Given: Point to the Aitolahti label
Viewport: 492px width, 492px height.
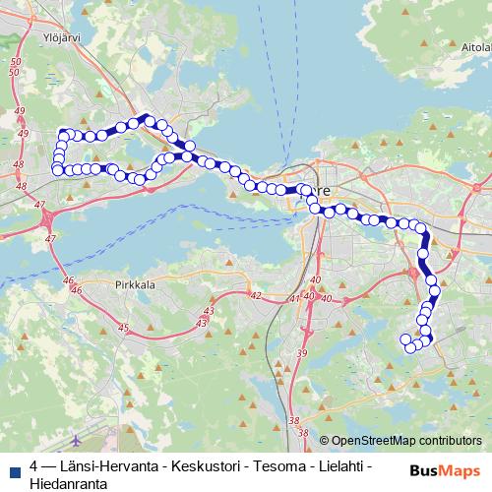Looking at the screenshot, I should [x=469, y=46].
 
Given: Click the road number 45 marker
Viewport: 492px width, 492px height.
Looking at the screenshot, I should [x=122, y=327].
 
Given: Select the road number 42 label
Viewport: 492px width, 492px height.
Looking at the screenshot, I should [x=255, y=295].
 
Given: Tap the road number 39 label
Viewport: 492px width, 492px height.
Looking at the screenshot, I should [x=302, y=352].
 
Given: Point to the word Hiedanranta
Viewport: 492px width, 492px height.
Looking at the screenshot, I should [x=68, y=483].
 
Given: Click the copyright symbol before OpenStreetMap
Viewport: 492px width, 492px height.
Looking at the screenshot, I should [x=324, y=441].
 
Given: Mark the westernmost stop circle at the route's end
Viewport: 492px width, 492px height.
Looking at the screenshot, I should [x=57, y=170].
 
